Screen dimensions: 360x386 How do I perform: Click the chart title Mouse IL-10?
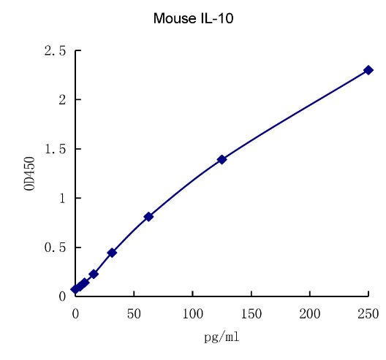[x=193, y=18]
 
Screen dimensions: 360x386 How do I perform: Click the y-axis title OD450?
[x=30, y=174]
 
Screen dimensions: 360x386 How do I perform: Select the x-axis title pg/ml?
[x=222, y=337]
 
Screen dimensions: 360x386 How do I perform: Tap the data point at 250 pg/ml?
[x=368, y=70]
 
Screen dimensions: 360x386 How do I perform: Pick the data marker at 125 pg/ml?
[x=222, y=159]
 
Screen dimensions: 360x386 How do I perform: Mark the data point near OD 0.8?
[x=148, y=217]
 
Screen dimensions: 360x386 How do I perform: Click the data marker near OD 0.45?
[x=112, y=253]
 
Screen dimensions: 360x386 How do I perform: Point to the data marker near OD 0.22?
[x=94, y=274]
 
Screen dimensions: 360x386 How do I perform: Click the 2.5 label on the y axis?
[x=55, y=51]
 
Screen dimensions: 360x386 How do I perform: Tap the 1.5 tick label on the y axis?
[x=55, y=149]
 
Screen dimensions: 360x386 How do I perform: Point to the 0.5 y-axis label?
[x=55, y=248]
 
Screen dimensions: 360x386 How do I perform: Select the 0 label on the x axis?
[x=75, y=314]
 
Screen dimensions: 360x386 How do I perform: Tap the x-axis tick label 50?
[x=134, y=314]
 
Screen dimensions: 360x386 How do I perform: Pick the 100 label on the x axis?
[x=192, y=314]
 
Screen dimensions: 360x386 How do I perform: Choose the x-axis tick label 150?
[x=251, y=314]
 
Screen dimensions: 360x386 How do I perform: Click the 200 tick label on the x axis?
[x=310, y=314]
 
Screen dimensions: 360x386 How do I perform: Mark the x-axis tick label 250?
[x=368, y=314]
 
